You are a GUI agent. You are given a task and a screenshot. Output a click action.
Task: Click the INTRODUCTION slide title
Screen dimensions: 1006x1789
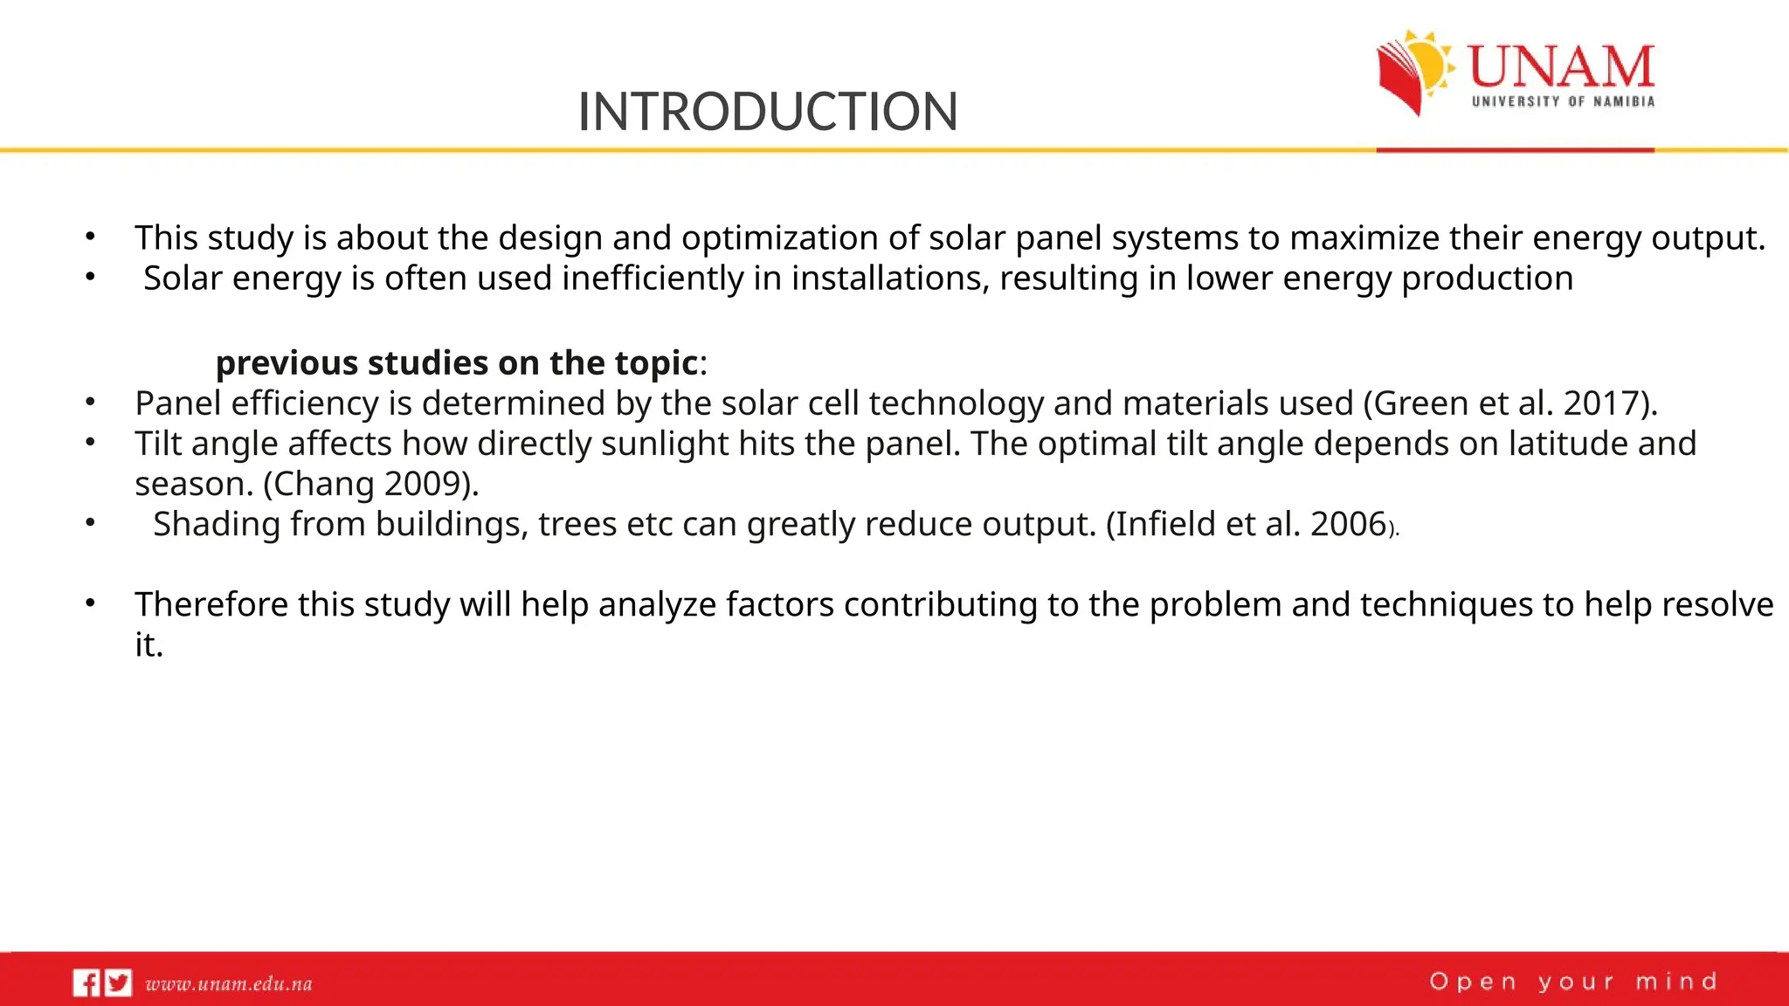768,112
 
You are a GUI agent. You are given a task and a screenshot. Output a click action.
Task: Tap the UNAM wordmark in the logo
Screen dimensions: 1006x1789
1561,66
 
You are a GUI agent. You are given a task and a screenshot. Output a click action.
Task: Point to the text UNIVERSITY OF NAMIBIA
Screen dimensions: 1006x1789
1563,101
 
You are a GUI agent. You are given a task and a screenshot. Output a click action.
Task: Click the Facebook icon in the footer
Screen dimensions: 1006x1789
86,983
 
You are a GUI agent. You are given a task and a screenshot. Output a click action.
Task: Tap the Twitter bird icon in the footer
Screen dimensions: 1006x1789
118,983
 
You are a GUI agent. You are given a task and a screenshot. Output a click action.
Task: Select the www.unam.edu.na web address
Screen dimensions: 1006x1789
229,984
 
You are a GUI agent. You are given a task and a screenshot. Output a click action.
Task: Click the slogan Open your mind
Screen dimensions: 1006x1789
1573,982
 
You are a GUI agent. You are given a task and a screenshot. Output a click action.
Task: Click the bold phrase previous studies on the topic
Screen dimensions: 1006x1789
457,362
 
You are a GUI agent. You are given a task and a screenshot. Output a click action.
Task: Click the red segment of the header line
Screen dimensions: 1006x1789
1515,150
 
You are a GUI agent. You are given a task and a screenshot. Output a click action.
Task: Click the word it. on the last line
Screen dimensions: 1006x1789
149,645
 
